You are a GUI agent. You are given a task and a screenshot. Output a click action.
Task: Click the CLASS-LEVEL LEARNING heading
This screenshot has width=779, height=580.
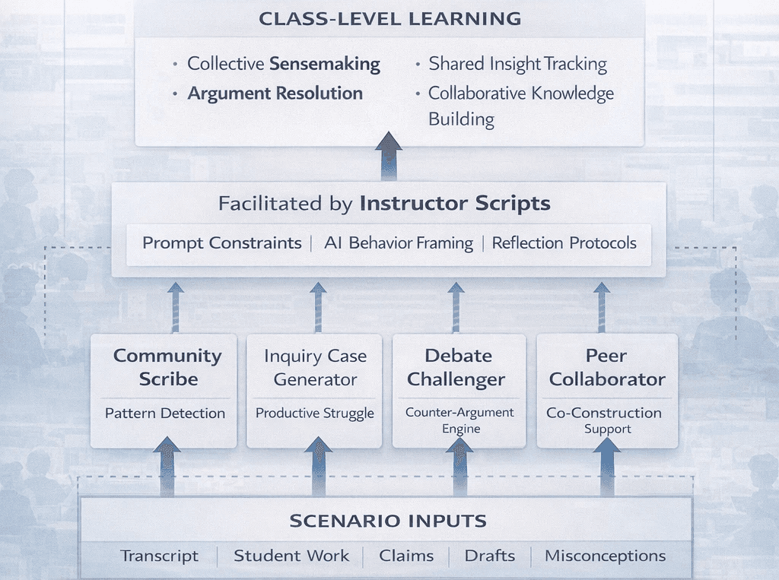(x=389, y=18)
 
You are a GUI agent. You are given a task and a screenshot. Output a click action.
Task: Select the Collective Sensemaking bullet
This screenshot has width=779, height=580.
(x=284, y=64)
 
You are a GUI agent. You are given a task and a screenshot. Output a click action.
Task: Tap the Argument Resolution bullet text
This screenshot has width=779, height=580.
(x=275, y=93)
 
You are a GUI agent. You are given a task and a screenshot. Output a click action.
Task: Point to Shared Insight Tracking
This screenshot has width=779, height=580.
(x=517, y=64)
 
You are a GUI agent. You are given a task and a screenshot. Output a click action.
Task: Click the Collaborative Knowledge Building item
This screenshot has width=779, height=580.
(x=520, y=106)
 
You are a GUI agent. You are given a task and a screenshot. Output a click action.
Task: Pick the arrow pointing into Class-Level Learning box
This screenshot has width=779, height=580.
(x=389, y=156)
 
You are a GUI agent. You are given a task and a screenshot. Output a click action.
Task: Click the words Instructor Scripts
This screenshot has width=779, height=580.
(x=455, y=204)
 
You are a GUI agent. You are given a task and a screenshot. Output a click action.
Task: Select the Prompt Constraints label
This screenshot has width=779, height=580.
(x=221, y=243)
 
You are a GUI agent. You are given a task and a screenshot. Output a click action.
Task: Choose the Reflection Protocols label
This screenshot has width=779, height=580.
(x=564, y=243)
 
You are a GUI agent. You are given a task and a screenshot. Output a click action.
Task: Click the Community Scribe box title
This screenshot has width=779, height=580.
(x=167, y=367)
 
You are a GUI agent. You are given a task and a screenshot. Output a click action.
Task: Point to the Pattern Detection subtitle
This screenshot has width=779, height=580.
(x=165, y=414)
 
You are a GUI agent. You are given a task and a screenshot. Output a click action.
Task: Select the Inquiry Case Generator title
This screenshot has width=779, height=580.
(x=315, y=367)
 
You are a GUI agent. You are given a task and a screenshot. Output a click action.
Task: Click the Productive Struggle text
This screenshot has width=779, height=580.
(x=315, y=414)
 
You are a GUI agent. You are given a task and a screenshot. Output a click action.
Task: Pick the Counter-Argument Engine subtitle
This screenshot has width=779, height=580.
(x=459, y=420)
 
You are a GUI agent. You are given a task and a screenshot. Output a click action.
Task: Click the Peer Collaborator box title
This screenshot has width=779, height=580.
(x=607, y=367)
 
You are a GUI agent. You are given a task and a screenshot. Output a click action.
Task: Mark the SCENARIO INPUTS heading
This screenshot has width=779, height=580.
(x=388, y=521)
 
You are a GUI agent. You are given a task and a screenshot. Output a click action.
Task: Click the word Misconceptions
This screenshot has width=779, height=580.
(x=605, y=556)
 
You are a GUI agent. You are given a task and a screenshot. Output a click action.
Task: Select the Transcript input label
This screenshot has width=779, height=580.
(x=159, y=556)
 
